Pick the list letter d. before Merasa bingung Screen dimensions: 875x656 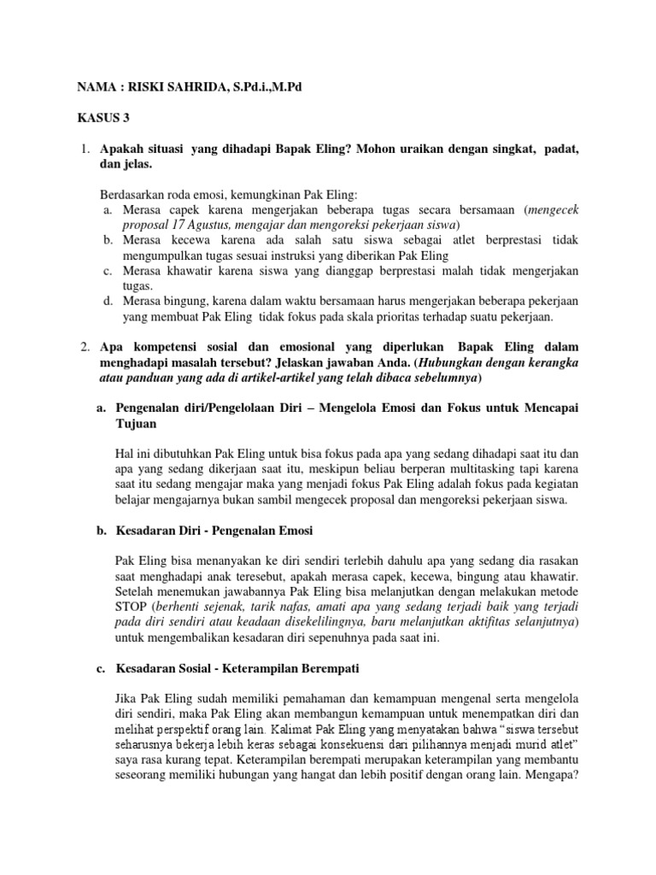(x=108, y=301)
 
